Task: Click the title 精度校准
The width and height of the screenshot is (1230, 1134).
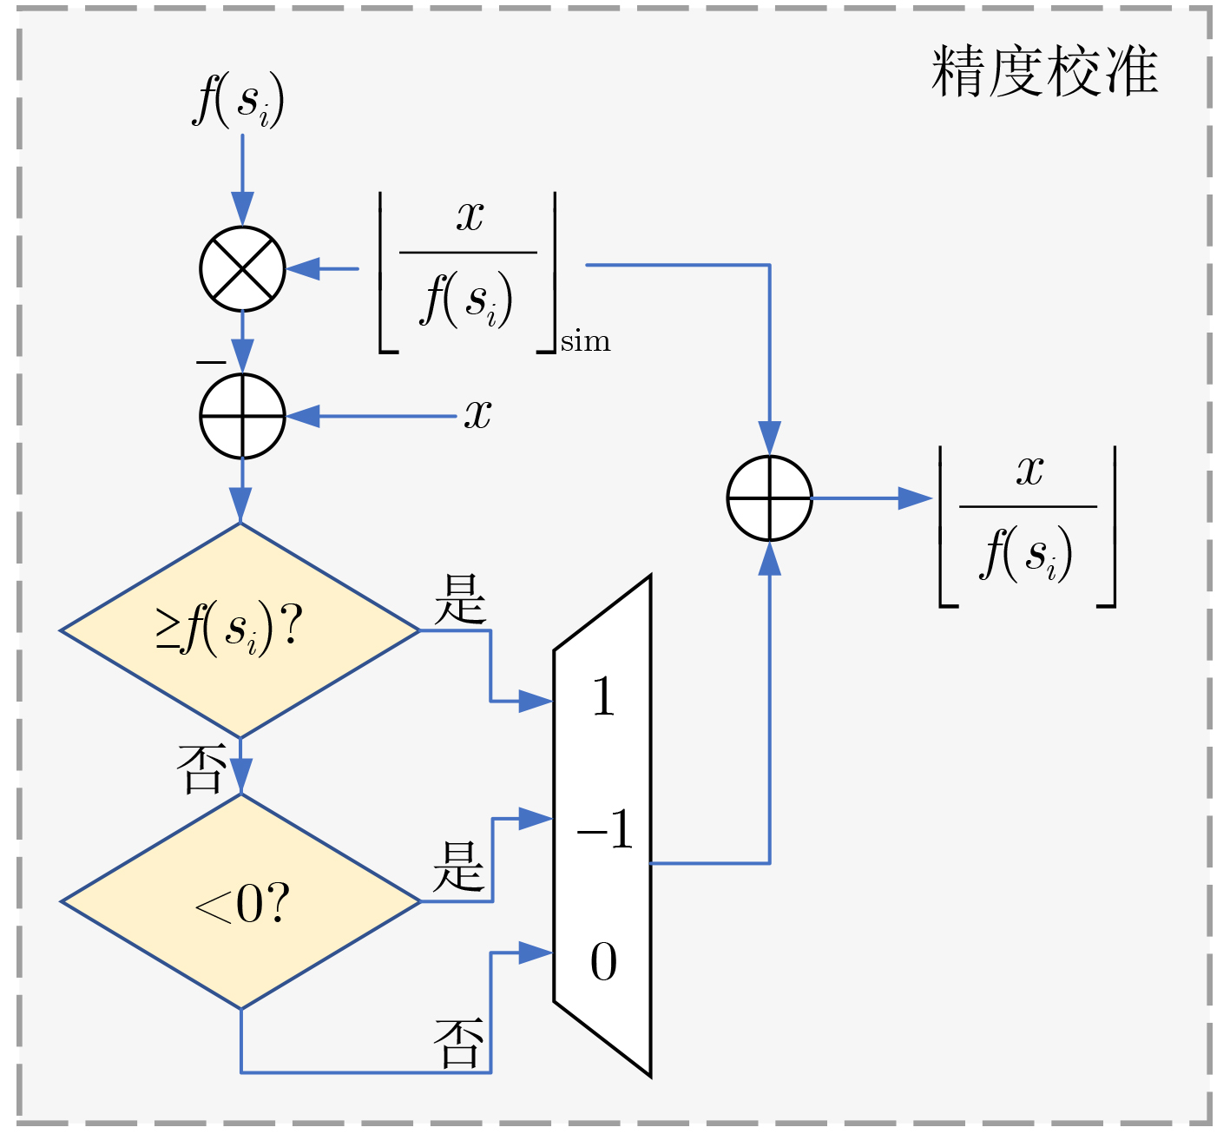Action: (1044, 71)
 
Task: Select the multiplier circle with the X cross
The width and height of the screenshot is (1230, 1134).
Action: (242, 269)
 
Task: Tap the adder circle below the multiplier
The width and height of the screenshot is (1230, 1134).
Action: (242, 416)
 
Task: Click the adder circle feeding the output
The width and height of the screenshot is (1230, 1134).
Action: (769, 498)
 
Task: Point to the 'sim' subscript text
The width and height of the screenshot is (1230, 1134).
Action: (586, 342)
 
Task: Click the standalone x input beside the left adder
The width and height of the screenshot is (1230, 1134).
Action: (478, 414)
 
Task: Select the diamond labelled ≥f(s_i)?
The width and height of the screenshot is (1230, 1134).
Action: (240, 630)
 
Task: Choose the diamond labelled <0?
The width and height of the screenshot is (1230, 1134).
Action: (240, 901)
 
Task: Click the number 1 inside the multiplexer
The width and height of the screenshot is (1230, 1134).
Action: (603, 696)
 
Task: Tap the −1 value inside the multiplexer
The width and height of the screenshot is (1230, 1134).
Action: (605, 830)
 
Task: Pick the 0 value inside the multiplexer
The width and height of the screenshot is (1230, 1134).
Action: (603, 962)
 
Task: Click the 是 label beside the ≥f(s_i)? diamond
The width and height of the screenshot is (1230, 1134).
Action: (460, 599)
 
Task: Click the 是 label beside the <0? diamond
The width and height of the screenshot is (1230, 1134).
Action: (457, 867)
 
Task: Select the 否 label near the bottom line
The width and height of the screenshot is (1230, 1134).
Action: (457, 1043)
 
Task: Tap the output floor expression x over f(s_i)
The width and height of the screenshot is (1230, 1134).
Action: (1028, 525)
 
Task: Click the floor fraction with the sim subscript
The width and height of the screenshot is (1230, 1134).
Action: (468, 271)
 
